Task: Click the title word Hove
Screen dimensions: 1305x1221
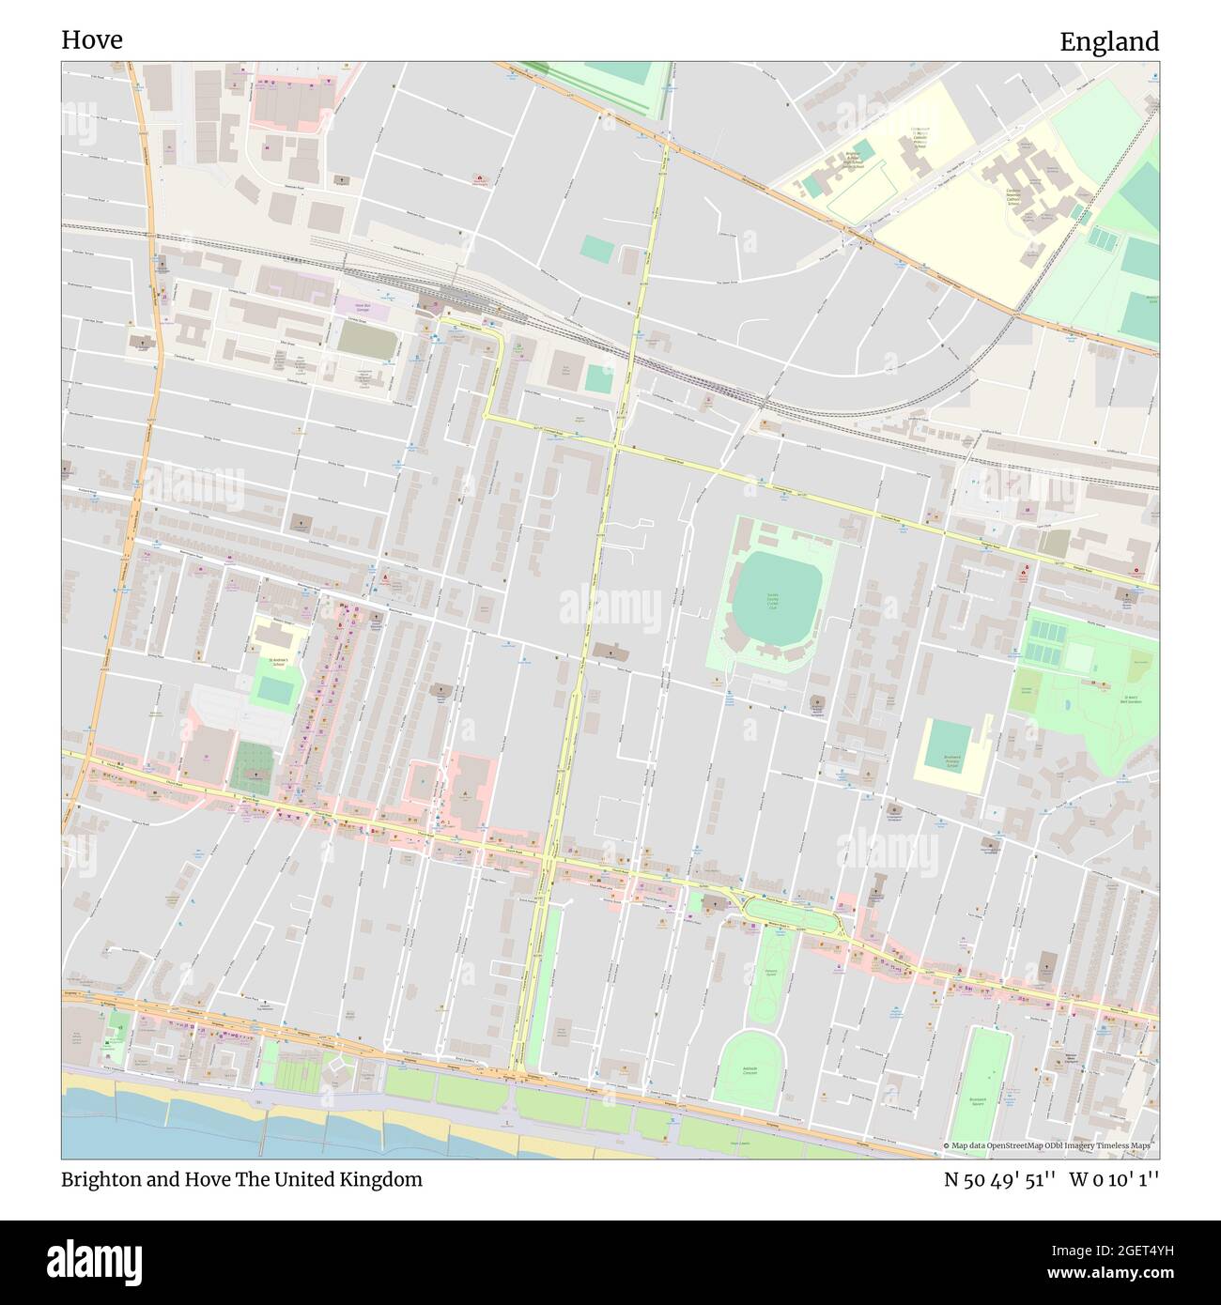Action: (91, 40)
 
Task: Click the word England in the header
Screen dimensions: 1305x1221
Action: (1108, 42)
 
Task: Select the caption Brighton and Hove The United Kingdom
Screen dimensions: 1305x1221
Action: (241, 1179)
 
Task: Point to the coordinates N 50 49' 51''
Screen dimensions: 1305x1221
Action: (999, 1179)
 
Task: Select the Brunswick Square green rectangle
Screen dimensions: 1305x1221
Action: (988, 1080)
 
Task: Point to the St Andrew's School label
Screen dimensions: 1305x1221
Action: (272, 662)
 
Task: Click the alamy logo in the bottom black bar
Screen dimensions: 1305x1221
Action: (94, 1261)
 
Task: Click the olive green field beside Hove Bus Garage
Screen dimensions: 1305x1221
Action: (366, 340)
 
